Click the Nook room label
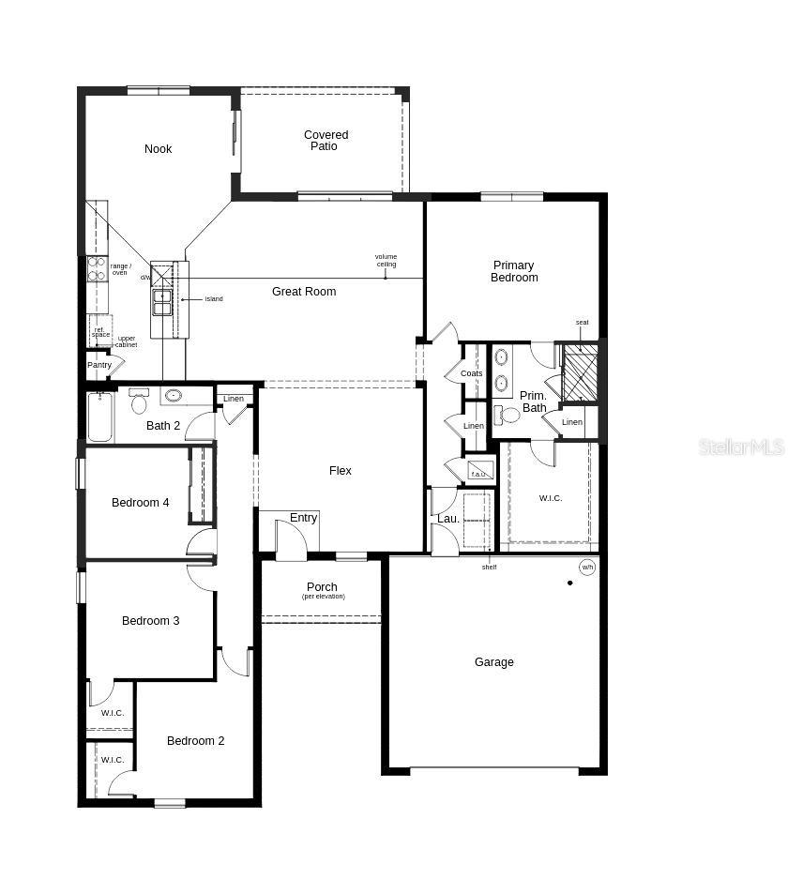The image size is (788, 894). click(159, 149)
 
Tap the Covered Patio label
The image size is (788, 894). click(326, 141)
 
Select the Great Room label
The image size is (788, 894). click(304, 292)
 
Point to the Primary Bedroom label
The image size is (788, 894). click(514, 272)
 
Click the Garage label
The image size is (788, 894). click(493, 662)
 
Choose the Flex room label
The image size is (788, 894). click(341, 471)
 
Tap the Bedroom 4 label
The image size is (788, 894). click(141, 503)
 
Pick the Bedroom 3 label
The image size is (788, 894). click(150, 621)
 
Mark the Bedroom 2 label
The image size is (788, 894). click(195, 741)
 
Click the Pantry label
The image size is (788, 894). click(99, 365)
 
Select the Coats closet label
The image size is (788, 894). click(471, 373)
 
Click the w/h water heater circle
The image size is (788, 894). click(587, 568)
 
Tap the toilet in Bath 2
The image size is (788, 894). click(140, 402)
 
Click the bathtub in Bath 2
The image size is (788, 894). click(99, 417)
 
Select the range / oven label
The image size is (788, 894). click(121, 269)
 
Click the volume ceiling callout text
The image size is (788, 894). click(386, 260)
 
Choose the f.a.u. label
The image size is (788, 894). click(478, 474)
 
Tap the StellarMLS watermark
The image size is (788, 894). click(740, 447)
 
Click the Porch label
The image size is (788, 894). click(322, 588)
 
